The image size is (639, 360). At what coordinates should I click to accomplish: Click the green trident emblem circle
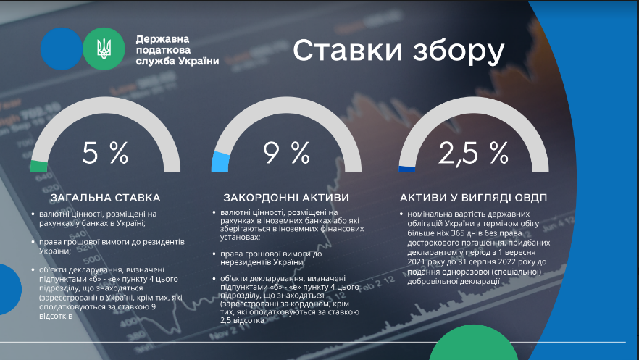[x=104, y=49]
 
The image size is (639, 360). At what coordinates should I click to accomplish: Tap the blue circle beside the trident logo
[x=62, y=49]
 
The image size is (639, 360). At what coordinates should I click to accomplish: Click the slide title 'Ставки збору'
[x=398, y=51]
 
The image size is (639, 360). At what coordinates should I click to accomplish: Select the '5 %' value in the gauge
[x=105, y=153]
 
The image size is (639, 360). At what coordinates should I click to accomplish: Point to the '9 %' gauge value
[x=286, y=153]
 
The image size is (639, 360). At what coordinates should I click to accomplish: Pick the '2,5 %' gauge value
[x=474, y=153]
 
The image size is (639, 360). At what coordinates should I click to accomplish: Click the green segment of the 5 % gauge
[x=38, y=166]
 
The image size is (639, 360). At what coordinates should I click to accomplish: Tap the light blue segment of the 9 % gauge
[x=220, y=162]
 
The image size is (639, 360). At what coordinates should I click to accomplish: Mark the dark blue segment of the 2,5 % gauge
[x=406, y=169]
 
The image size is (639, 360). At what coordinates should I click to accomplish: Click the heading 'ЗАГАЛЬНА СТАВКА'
[x=105, y=198]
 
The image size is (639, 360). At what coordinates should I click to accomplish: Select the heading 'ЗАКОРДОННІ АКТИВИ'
[x=286, y=198]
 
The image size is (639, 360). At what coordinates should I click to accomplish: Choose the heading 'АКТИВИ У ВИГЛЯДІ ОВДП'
[x=473, y=198]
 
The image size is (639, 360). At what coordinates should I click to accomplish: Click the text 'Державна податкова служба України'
[x=177, y=50]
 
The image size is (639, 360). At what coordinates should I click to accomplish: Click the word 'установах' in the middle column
[x=240, y=237]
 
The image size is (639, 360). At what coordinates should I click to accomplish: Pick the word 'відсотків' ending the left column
[x=56, y=316]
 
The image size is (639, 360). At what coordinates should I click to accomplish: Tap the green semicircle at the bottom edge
[x=473, y=344]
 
